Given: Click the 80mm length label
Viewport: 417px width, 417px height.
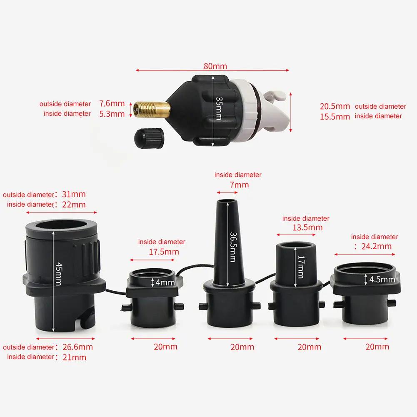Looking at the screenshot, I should (x=215, y=66).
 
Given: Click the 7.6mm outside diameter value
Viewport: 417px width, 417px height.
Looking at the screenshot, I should (x=112, y=103).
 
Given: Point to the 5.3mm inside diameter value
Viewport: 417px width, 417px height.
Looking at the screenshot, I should (x=112, y=113).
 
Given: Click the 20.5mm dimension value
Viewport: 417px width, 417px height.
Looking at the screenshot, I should (x=335, y=107).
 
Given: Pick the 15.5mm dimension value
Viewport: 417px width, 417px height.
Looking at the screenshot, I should (x=335, y=117).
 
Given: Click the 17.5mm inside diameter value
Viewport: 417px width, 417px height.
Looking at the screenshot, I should (x=164, y=252).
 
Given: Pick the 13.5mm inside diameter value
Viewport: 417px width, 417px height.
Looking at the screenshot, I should (x=308, y=227).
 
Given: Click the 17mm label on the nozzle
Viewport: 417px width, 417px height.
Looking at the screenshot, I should (x=301, y=267).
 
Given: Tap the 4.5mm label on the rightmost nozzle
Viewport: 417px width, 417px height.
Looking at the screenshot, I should (x=382, y=279).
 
